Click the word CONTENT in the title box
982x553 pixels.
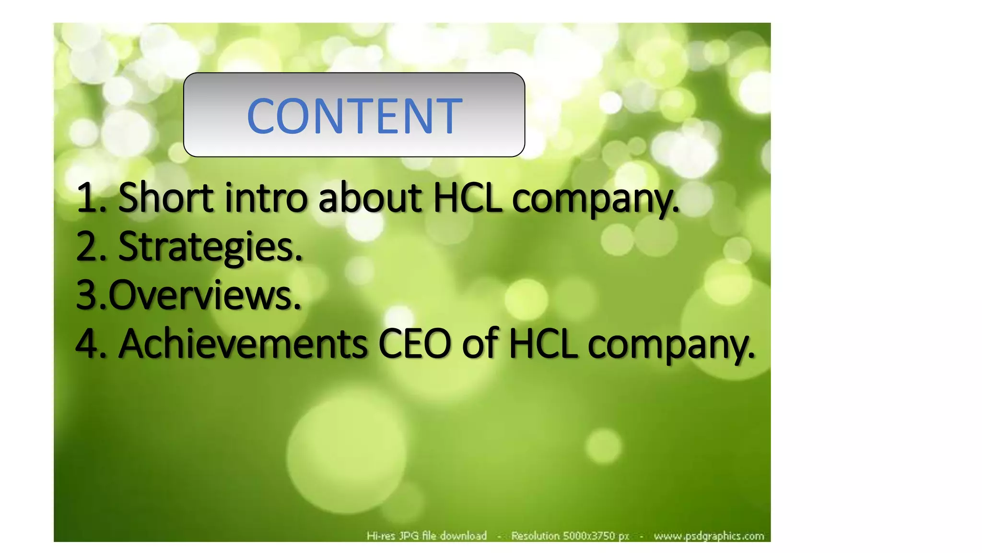pos(354,116)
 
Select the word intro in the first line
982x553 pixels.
pos(266,197)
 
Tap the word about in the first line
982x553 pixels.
pos(370,197)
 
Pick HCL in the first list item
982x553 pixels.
pos(468,197)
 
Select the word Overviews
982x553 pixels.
pos(205,295)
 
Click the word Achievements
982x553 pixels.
pos(243,344)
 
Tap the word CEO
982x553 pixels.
pos(415,344)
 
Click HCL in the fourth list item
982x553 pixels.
pos(543,344)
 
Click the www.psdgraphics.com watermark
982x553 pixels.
pos(709,536)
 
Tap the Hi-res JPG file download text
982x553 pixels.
pos(427,536)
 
